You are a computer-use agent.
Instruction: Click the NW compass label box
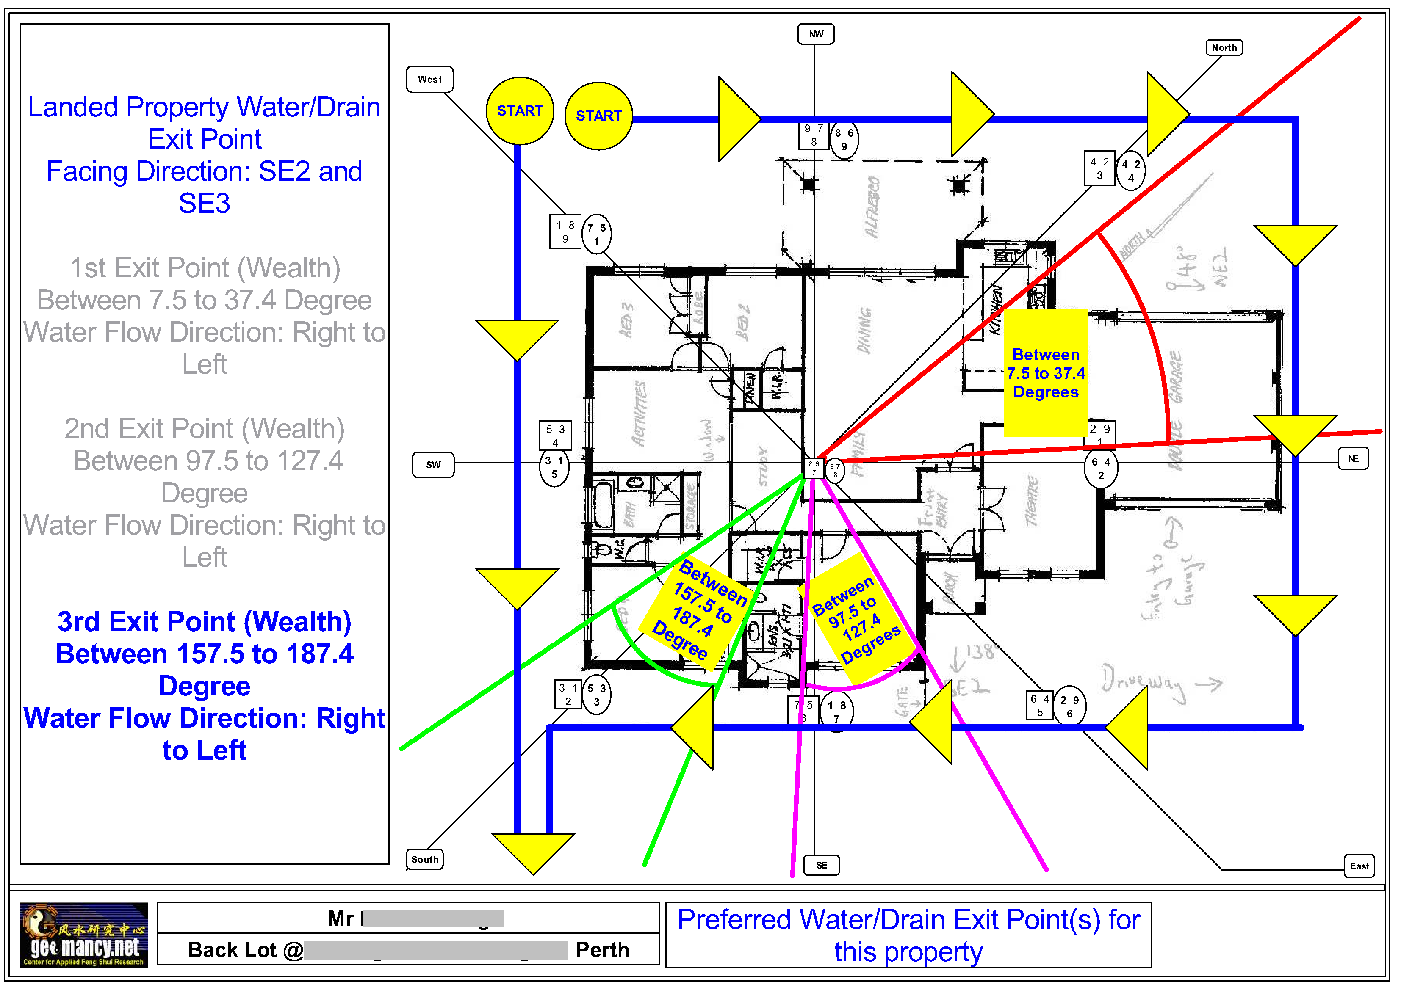pyautogui.click(x=816, y=34)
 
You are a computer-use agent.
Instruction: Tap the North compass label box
pyautogui.click(x=1224, y=47)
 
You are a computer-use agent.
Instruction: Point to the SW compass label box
pyautogui.click(x=433, y=465)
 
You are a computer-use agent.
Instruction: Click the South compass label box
pyautogui.click(x=425, y=859)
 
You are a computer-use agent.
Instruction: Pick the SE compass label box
pyautogui.click(x=821, y=865)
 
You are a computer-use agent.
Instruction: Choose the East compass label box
pyautogui.click(x=1359, y=866)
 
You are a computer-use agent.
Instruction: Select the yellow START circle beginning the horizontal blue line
pyautogui.click(x=598, y=116)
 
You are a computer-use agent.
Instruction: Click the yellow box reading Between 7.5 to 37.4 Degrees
pyautogui.click(x=1045, y=373)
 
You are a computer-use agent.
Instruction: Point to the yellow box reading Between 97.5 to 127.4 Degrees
pyautogui.click(x=857, y=619)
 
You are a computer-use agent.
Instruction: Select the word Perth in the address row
pyautogui.click(x=602, y=950)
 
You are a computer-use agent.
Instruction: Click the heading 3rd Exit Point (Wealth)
pyautogui.click(x=205, y=622)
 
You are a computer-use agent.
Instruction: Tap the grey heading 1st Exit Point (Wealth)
pyautogui.click(x=205, y=268)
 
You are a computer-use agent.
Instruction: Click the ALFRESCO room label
pyautogui.click(x=872, y=207)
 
